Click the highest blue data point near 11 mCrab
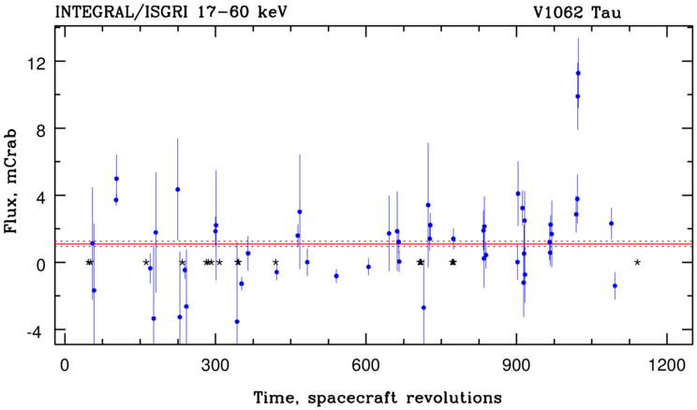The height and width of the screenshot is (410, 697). tap(578, 73)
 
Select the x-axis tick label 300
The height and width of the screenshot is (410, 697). tap(215, 365)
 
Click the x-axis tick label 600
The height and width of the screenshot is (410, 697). tap(366, 365)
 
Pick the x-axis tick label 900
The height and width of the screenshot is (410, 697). tap(516, 365)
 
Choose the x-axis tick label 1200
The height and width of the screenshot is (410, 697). tap(667, 365)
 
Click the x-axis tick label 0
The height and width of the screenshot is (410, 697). tap(65, 365)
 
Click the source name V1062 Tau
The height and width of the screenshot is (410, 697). tap(577, 12)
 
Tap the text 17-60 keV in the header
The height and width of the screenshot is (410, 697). tap(244, 12)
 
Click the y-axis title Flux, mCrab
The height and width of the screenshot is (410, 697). tap(10, 182)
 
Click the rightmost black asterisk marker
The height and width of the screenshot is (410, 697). tap(637, 262)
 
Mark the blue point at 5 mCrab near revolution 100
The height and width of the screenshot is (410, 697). tap(116, 179)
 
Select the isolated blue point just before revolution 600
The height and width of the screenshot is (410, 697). tap(336, 276)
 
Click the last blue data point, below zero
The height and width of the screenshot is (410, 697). tap(615, 286)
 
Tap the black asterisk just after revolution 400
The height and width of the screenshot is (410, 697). tap(275, 262)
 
